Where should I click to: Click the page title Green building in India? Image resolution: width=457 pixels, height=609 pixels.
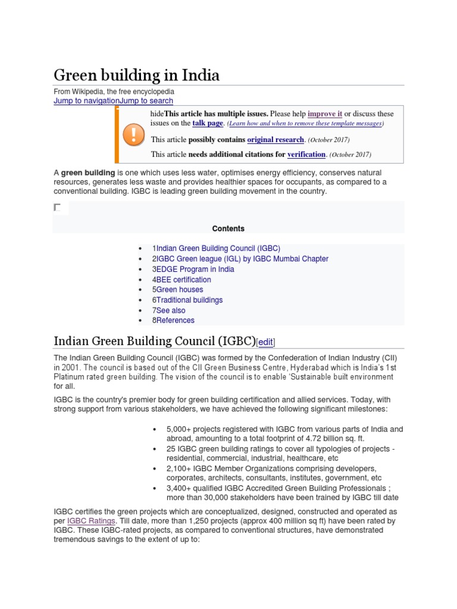pyautogui.click(x=136, y=76)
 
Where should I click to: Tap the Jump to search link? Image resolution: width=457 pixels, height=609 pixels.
pyautogui.click(x=147, y=101)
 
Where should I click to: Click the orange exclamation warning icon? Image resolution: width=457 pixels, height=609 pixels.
pyautogui.click(x=133, y=135)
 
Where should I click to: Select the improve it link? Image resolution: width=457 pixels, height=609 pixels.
pyautogui.click(x=325, y=113)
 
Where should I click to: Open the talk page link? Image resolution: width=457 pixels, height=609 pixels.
pyautogui.click(x=208, y=123)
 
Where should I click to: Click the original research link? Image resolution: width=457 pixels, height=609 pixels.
pyautogui.click(x=276, y=140)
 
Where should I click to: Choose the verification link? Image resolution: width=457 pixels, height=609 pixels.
pyautogui.click(x=306, y=155)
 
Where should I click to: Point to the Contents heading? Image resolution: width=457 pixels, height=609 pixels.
pyautogui.click(x=228, y=228)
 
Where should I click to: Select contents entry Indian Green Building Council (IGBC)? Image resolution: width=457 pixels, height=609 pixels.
pyautogui.click(x=218, y=249)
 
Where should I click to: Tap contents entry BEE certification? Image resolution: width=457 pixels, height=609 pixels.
pyautogui.click(x=183, y=280)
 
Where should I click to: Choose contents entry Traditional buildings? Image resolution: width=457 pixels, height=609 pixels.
pyautogui.click(x=189, y=300)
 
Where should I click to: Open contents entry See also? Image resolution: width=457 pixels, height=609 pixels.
pyautogui.click(x=171, y=310)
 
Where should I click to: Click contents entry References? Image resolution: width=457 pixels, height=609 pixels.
pyautogui.click(x=175, y=320)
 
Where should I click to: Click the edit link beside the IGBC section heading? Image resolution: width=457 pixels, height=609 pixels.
pyautogui.click(x=265, y=342)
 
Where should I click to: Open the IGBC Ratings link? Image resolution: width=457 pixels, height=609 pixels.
pyautogui.click(x=90, y=521)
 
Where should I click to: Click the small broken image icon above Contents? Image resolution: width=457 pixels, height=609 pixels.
pyautogui.click(x=57, y=207)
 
